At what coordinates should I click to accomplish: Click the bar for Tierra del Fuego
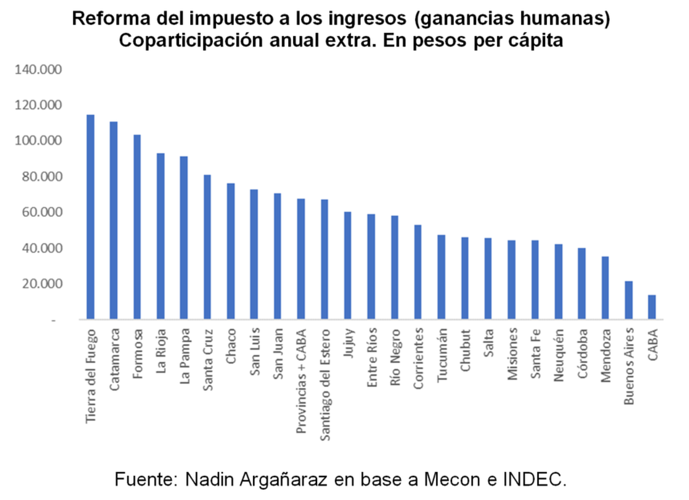point(90,217)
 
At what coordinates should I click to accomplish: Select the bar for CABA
point(652,307)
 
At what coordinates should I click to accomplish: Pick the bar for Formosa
point(137,227)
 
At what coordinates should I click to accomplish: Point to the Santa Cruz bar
point(207,247)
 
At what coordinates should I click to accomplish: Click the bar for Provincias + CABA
point(301,259)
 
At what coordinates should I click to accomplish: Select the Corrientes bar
point(417,272)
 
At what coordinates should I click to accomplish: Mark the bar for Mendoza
point(605,288)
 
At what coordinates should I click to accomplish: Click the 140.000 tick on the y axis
point(40,70)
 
